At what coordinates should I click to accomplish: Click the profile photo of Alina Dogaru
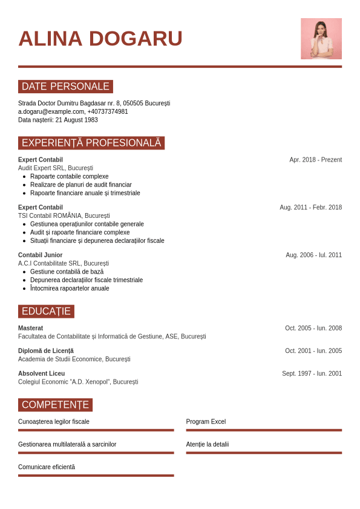(x=321, y=39)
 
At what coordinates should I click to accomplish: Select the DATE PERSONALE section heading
(x=65, y=87)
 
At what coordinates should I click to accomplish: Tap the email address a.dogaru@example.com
(x=51, y=111)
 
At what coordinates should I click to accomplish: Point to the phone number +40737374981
(x=108, y=111)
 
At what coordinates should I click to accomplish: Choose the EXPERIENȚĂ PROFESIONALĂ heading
(x=91, y=143)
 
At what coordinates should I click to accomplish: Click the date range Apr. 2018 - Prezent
(x=315, y=160)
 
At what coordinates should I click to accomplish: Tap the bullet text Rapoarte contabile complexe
(x=69, y=177)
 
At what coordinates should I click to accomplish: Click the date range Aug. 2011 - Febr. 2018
(x=310, y=208)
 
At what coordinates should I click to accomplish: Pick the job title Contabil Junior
(x=40, y=255)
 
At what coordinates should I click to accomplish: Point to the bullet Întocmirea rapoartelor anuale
(x=70, y=289)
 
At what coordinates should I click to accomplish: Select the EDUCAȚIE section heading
(x=46, y=312)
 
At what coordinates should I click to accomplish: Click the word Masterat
(x=30, y=328)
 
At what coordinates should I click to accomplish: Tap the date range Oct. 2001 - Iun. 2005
(x=313, y=351)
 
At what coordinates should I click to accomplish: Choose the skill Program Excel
(x=206, y=422)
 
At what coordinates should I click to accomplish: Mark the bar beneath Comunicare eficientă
(x=96, y=476)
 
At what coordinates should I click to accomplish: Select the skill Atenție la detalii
(x=208, y=444)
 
